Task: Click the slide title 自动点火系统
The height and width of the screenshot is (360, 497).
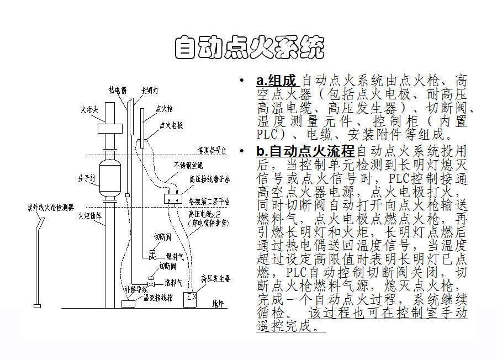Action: tap(248, 48)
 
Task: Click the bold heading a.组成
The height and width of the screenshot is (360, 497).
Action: tap(276, 81)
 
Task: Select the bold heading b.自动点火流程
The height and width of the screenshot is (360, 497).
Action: tap(304, 151)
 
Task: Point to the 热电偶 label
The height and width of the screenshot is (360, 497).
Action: tap(118, 89)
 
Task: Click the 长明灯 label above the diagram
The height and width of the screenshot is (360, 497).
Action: tap(150, 89)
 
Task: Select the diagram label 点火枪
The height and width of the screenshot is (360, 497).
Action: tap(165, 109)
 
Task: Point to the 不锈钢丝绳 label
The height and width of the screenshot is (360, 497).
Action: tap(188, 165)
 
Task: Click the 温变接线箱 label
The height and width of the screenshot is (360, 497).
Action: tap(158, 298)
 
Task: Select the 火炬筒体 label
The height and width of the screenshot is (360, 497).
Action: tap(90, 215)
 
